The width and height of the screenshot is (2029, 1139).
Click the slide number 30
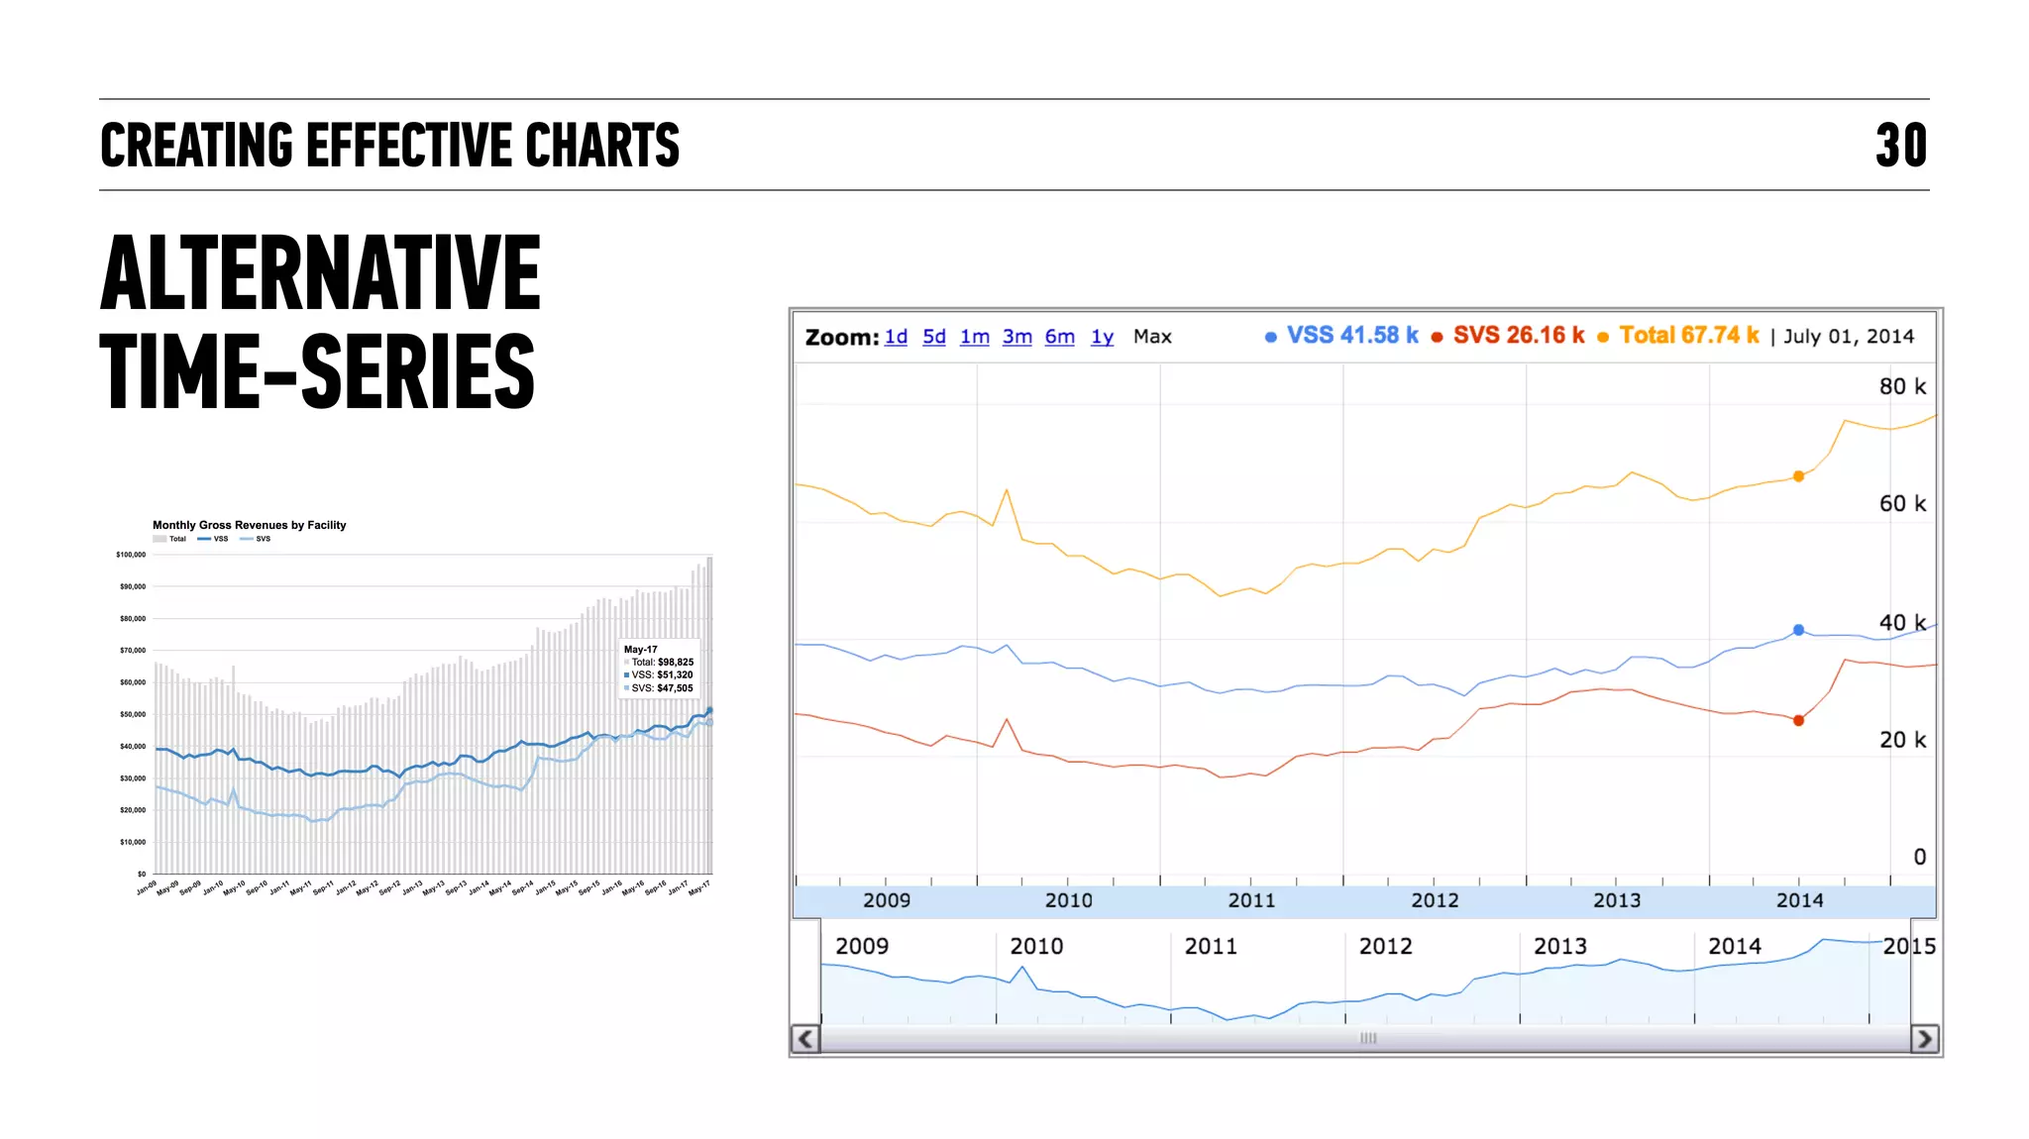[1900, 146]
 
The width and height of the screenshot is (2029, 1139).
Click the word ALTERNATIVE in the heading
[320, 273]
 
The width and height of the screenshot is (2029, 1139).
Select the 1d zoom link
[896, 337]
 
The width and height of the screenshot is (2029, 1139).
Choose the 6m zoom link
[1059, 337]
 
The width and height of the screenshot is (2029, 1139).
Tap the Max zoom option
[1152, 337]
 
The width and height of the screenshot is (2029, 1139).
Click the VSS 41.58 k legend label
[1351, 336]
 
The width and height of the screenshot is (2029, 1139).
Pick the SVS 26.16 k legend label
[1518, 336]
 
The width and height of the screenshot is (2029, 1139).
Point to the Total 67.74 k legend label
[1688, 336]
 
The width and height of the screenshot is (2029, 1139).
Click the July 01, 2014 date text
[1849, 337]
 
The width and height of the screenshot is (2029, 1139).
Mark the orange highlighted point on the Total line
[1798, 476]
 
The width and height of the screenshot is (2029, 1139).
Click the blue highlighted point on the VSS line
[1798, 630]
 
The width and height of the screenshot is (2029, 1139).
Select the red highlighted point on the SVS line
[1798, 720]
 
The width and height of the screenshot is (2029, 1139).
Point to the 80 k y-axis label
[1902, 386]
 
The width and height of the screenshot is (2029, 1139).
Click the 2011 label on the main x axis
[1251, 900]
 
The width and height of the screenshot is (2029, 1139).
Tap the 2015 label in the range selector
[1909, 946]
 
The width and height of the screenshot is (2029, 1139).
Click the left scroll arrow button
[805, 1038]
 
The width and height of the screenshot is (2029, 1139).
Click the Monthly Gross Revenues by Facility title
[249, 525]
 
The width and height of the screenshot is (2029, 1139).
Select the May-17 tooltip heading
[640, 650]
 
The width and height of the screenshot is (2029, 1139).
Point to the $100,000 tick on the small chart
[131, 555]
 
